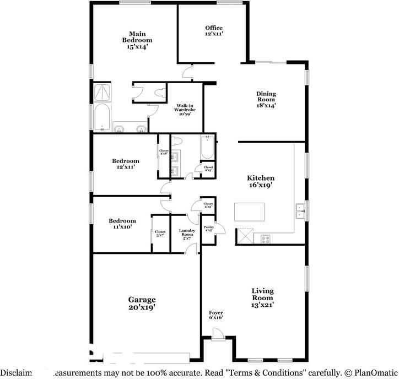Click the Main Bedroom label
(x=137, y=40)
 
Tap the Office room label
(x=214, y=31)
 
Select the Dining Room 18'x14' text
(x=266, y=100)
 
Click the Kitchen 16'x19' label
(x=261, y=182)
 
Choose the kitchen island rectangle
(x=250, y=212)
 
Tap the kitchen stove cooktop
(x=265, y=239)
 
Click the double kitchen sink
(x=301, y=212)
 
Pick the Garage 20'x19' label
(x=142, y=304)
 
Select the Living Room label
(x=262, y=297)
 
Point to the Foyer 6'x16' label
(x=215, y=315)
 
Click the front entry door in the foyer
(x=217, y=333)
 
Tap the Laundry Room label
(x=188, y=234)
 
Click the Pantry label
(x=209, y=229)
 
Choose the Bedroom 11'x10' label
(x=120, y=223)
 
